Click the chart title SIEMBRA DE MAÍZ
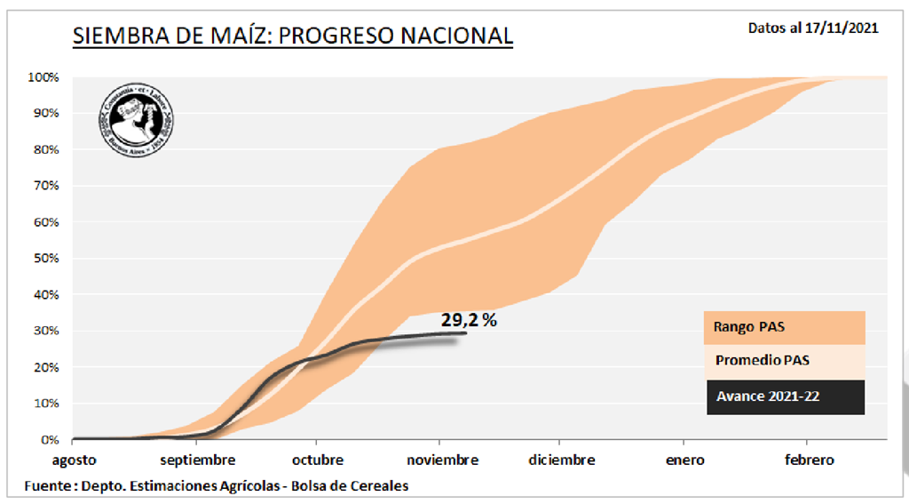[292, 36]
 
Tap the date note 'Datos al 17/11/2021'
[813, 28]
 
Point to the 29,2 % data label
[468, 320]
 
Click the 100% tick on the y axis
[43, 77]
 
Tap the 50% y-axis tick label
[46, 259]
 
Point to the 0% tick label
[50, 440]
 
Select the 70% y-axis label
[46, 186]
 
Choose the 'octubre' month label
[317, 460]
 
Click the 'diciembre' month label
[561, 460]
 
